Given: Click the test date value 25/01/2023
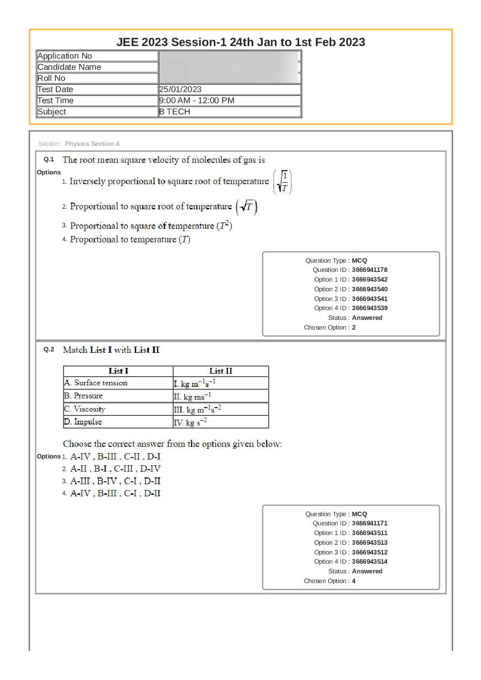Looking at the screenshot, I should [x=180, y=89].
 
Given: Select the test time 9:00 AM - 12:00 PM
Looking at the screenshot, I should [x=197, y=100].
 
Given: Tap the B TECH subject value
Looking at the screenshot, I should [x=175, y=111].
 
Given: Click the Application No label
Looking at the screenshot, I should [x=64, y=56].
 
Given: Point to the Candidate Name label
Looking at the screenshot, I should [x=69, y=67].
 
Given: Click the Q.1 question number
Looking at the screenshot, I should [x=48, y=159].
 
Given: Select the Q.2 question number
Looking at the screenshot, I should [x=48, y=349].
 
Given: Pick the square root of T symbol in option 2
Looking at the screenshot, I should [x=246, y=206].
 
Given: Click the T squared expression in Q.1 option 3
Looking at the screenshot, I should [x=224, y=225].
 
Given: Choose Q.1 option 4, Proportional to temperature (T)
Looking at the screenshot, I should [x=130, y=239].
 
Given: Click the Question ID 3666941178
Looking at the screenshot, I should [x=369, y=270].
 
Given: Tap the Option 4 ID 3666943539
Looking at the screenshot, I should [x=369, y=308].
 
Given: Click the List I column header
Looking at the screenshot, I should [x=118, y=371].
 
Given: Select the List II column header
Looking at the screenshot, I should [x=221, y=371].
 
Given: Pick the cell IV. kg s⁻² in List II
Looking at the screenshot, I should [x=191, y=422].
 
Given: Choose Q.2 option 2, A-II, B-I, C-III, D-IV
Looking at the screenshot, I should [x=115, y=469].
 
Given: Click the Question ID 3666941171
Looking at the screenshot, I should [x=369, y=523].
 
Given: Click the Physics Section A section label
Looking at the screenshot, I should [x=92, y=144].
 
